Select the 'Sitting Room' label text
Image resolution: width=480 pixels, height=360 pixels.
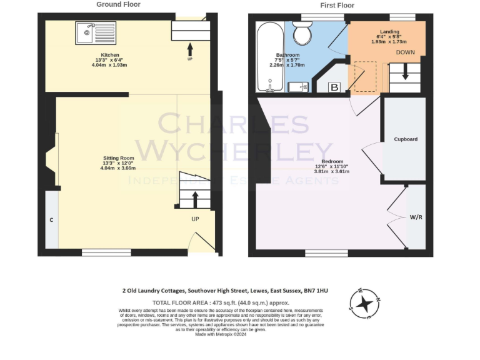118,158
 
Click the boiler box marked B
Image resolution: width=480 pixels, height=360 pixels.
334,87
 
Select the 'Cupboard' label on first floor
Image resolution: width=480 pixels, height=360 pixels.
405,139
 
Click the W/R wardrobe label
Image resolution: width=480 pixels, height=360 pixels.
416,217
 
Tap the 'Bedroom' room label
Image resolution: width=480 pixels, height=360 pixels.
331,162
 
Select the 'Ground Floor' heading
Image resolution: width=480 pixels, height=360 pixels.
118,4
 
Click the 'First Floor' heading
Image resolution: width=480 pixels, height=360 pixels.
337,5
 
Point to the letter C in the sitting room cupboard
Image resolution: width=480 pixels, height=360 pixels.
51,221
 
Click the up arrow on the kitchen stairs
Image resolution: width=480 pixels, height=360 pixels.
190,47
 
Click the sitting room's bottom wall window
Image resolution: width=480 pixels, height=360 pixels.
106,252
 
